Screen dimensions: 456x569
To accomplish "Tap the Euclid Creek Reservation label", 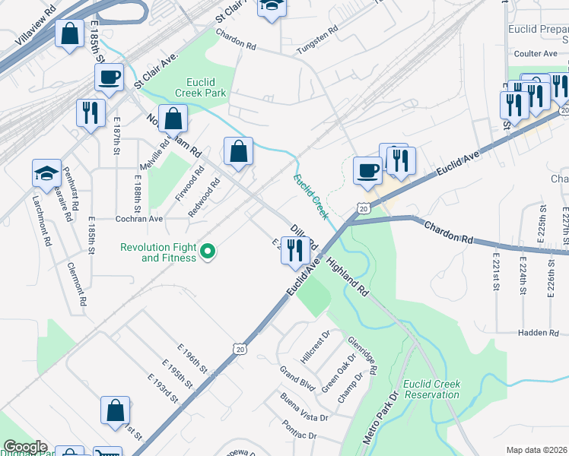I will (432, 389).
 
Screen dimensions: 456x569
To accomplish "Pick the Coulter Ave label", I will (536, 54).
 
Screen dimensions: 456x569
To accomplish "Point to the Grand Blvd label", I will (297, 378).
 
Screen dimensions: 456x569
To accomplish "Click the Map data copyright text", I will (536, 450).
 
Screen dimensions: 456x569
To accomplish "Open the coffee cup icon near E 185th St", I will (110, 77).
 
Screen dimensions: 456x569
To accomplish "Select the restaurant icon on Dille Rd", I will (294, 249).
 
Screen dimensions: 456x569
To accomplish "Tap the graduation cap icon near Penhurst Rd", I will (46, 173).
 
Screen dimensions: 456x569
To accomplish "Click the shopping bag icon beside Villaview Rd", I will (70, 33).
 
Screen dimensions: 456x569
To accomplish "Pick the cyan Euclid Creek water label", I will (311, 196).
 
